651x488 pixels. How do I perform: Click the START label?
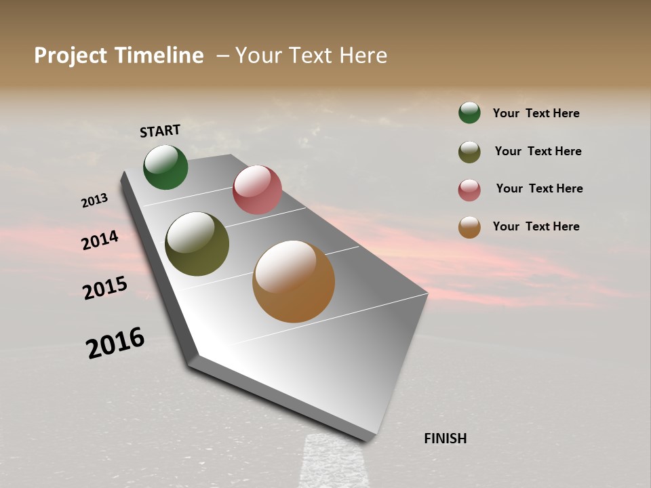tap(160, 131)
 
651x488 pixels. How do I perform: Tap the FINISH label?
tap(445, 439)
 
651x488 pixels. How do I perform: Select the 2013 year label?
tap(94, 201)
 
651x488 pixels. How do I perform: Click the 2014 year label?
tap(100, 240)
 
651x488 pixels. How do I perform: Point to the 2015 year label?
tap(105, 288)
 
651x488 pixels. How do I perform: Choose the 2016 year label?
tap(115, 343)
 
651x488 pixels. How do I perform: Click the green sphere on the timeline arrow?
tap(165, 167)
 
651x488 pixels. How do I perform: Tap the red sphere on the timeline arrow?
tap(257, 190)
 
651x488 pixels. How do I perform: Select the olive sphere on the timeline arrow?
tap(197, 244)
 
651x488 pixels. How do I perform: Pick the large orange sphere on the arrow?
tap(294, 281)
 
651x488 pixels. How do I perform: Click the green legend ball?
tap(469, 113)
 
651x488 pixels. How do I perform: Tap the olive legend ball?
tap(469, 152)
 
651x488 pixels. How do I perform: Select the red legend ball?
tap(469, 190)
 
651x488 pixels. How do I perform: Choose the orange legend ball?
tap(469, 227)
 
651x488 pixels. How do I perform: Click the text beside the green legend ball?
tap(536, 114)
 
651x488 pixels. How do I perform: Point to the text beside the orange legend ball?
tap(536, 226)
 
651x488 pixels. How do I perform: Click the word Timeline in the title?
tap(159, 56)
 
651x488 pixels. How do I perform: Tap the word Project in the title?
tap(71, 56)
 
